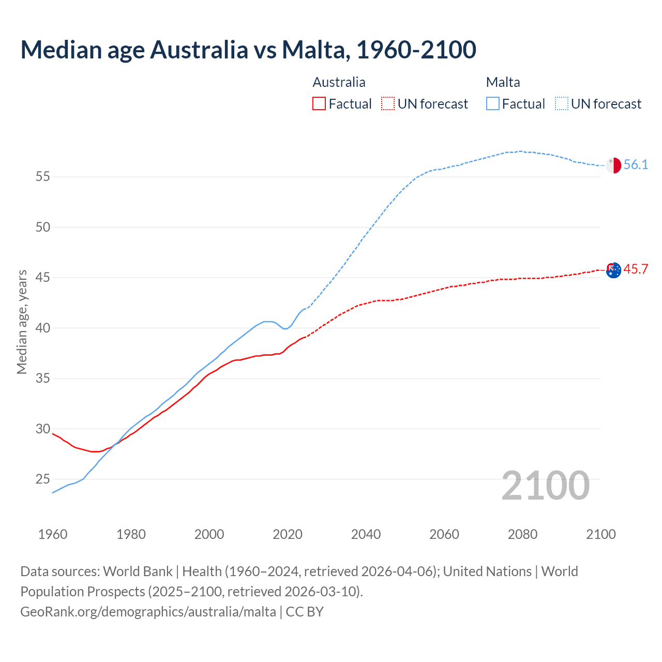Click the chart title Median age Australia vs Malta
(248, 50)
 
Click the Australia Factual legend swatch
(319, 103)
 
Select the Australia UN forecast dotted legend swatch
(388, 103)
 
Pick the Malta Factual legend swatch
(493, 103)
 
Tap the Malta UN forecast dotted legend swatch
(562, 103)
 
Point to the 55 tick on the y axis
(43, 177)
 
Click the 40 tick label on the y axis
(43, 328)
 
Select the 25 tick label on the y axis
(43, 479)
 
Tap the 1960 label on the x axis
(53, 534)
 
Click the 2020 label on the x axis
(288, 534)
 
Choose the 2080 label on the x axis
(522, 534)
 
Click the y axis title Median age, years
(22, 322)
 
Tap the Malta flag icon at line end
(613, 165)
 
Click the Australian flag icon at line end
(613, 270)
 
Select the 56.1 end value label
(636, 165)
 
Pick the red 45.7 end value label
(636, 269)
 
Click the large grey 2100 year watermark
(546, 485)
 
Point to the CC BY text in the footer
(305, 612)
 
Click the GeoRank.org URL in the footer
(148, 612)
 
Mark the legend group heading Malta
(503, 82)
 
